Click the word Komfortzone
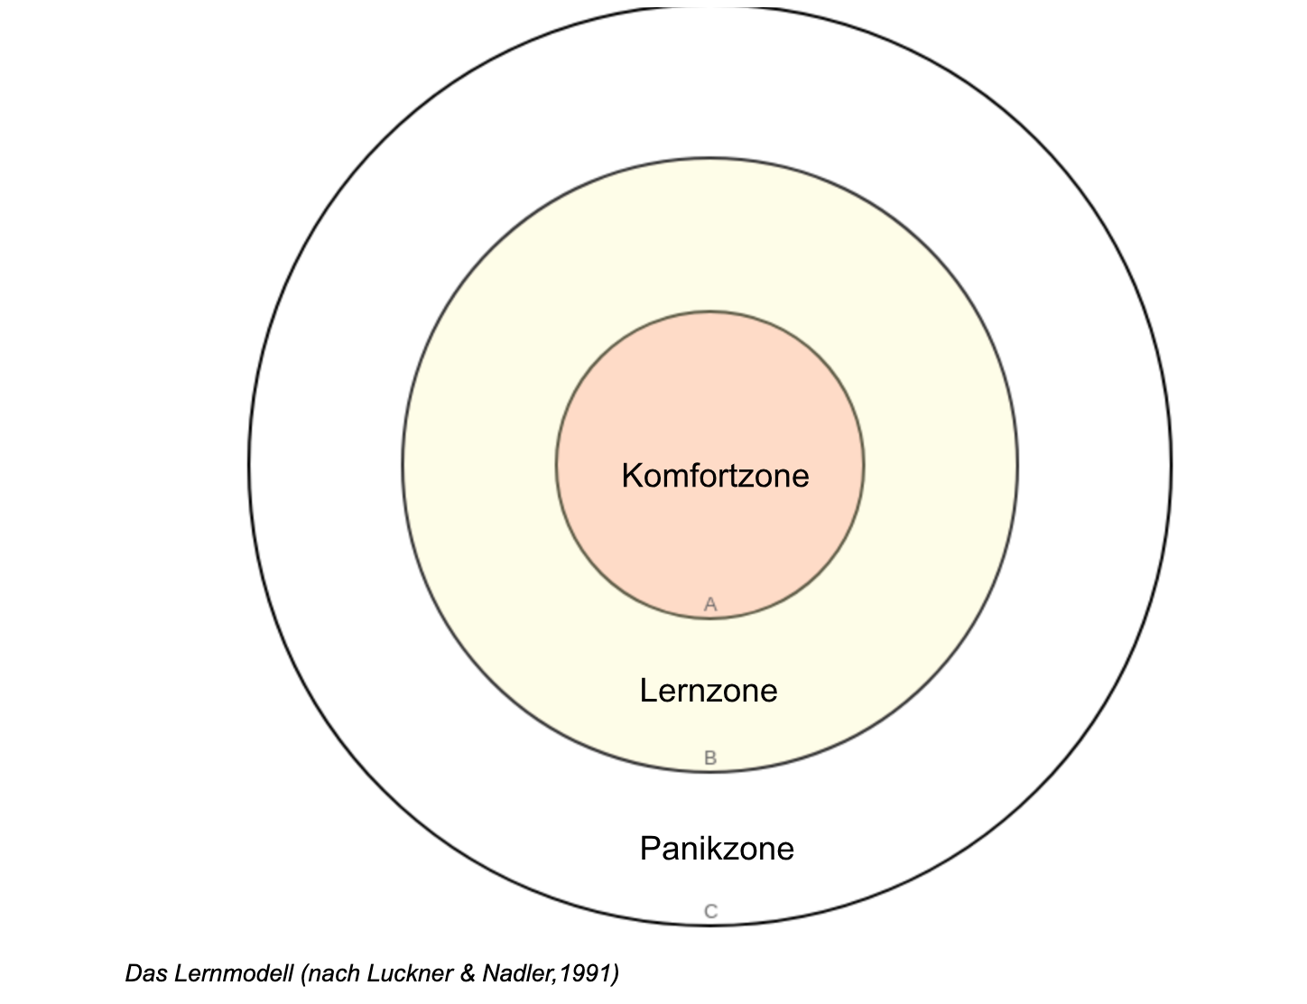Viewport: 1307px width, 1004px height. point(715,476)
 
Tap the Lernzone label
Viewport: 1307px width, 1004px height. point(709,691)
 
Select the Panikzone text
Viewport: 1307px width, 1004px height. point(717,849)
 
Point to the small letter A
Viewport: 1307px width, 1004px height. point(710,604)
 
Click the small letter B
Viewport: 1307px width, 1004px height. point(710,758)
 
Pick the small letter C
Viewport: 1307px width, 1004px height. point(710,912)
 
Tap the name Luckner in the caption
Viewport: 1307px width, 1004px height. point(412,973)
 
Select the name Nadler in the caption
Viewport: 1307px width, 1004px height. point(516,973)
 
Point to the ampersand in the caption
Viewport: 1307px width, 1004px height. point(467,973)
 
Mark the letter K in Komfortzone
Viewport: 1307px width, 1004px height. point(632,476)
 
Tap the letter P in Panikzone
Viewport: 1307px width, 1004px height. point(649,849)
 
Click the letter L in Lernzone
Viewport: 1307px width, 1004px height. point(647,691)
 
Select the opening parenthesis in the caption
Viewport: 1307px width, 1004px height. point(304,973)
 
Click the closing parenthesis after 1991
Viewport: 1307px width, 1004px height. point(615,973)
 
